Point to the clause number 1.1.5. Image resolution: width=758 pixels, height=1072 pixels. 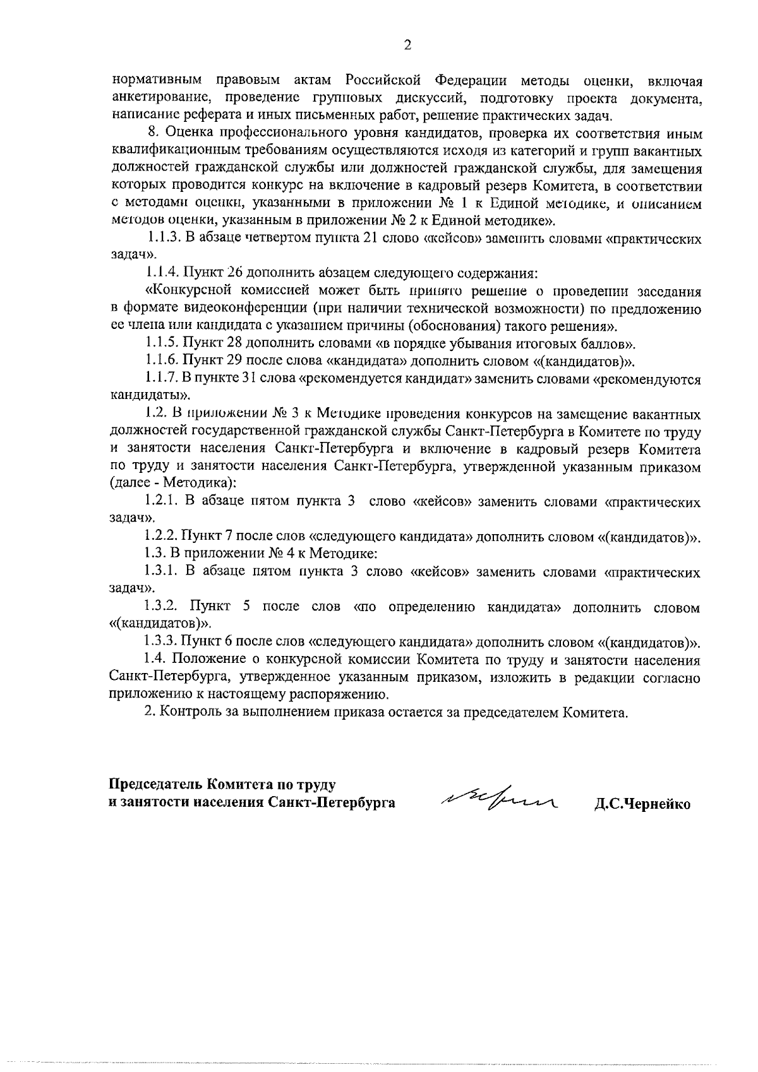tap(161, 344)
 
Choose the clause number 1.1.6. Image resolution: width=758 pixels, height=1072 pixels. tap(161, 361)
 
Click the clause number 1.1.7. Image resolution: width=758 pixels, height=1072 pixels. tap(161, 379)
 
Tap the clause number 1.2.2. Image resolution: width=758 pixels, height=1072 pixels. tap(161, 537)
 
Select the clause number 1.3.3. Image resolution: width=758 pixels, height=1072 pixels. tap(161, 643)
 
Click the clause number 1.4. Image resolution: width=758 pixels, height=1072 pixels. tap(157, 660)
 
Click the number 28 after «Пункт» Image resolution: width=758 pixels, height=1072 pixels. tap(231, 344)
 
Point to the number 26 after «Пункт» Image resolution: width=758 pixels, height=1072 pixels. tap(231, 273)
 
